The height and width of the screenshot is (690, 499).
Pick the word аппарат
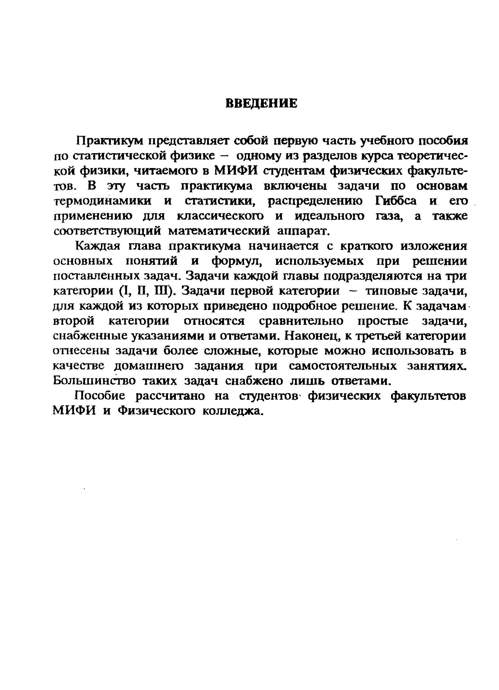(304, 231)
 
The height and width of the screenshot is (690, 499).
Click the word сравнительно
(302, 321)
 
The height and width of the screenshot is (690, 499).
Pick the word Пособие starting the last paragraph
(100, 396)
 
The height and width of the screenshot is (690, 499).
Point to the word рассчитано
(171, 396)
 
